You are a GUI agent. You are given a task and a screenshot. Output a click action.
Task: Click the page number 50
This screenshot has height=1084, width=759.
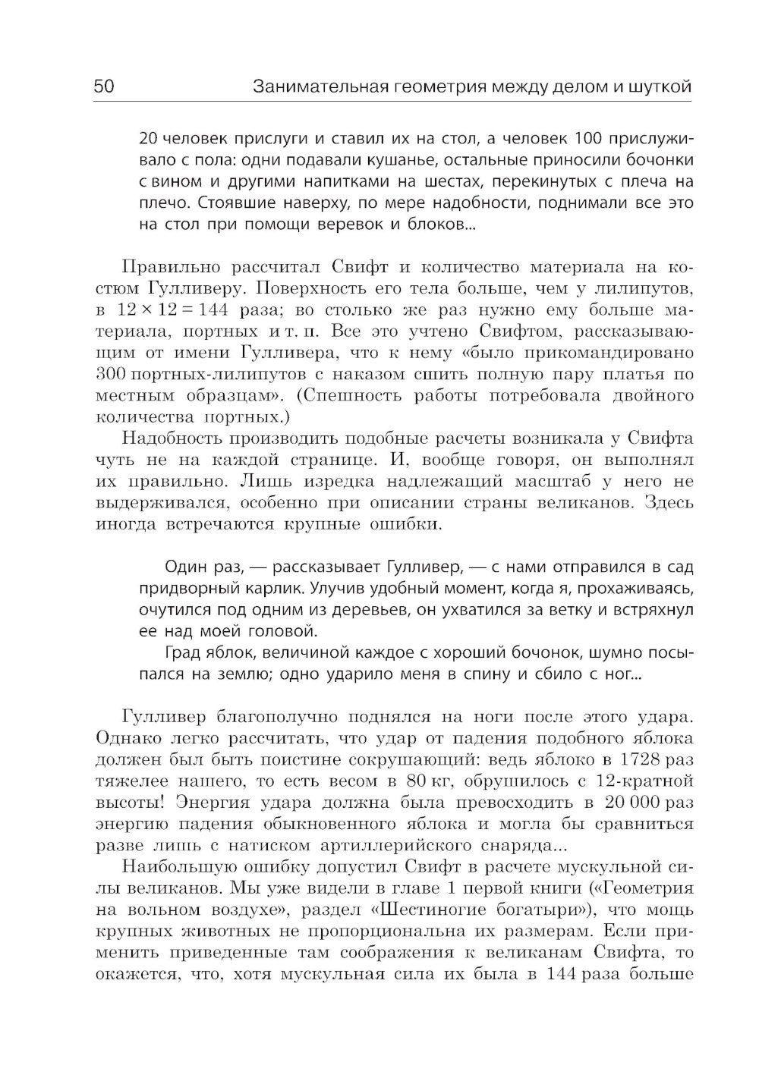click(103, 86)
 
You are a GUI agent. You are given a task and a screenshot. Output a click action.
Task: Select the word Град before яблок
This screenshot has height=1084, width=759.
click(181, 653)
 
